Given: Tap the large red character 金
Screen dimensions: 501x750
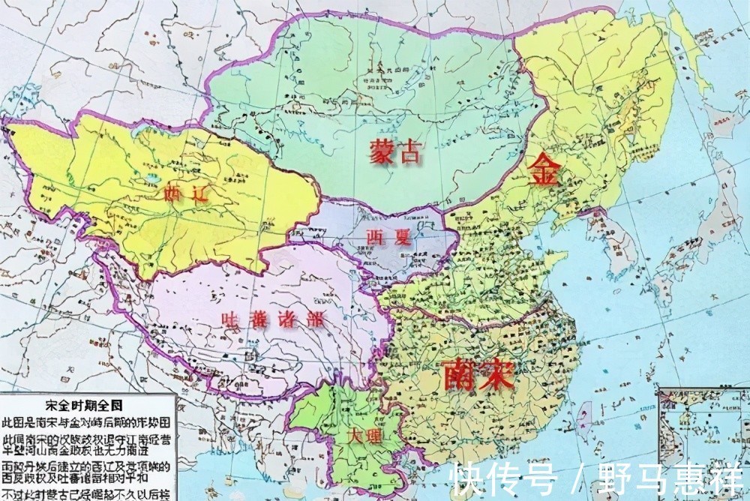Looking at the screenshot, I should point(545,172).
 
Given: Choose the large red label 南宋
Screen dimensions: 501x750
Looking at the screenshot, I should point(478,373).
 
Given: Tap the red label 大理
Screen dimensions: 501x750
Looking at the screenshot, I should point(363,435).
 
